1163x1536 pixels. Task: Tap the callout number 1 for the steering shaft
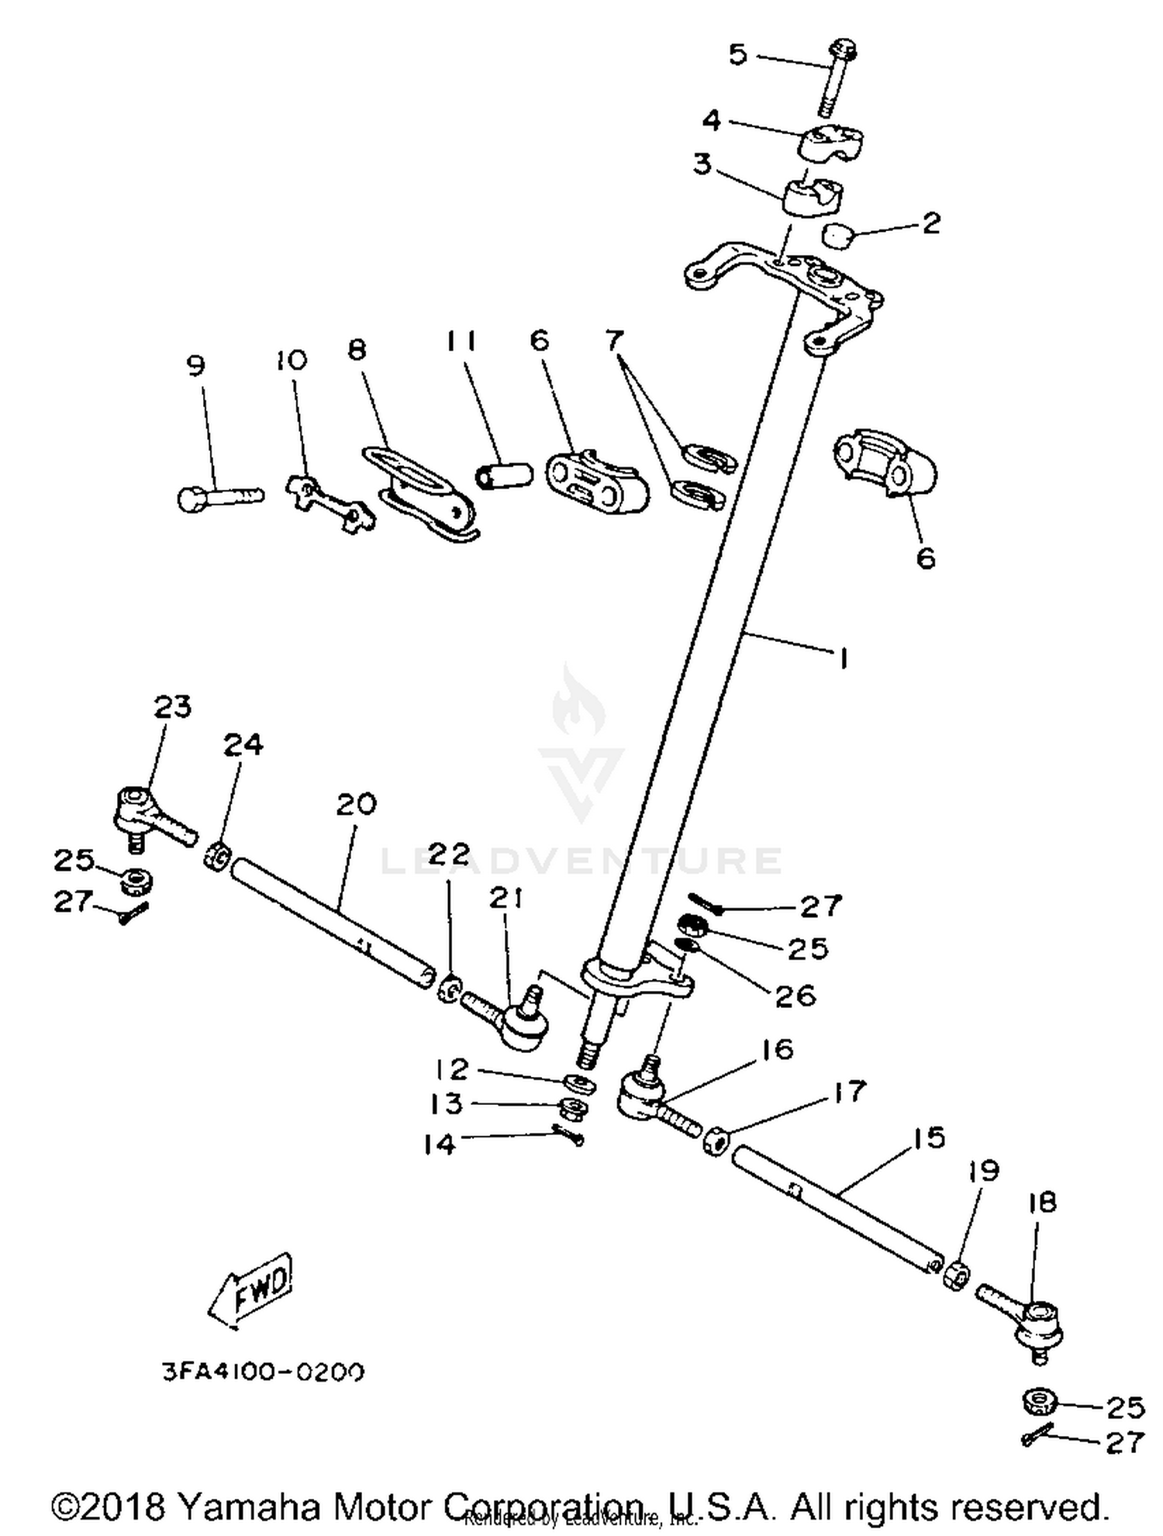pyautogui.click(x=843, y=658)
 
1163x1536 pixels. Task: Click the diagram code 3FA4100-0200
pyautogui.click(x=262, y=1372)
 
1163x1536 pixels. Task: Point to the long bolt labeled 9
pyautogui.click(x=219, y=494)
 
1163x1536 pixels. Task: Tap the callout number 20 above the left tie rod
pyautogui.click(x=356, y=804)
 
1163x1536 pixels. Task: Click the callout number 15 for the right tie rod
pyautogui.click(x=930, y=1137)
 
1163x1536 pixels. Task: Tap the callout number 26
pyautogui.click(x=795, y=995)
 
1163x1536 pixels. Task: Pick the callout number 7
pyautogui.click(x=614, y=340)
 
